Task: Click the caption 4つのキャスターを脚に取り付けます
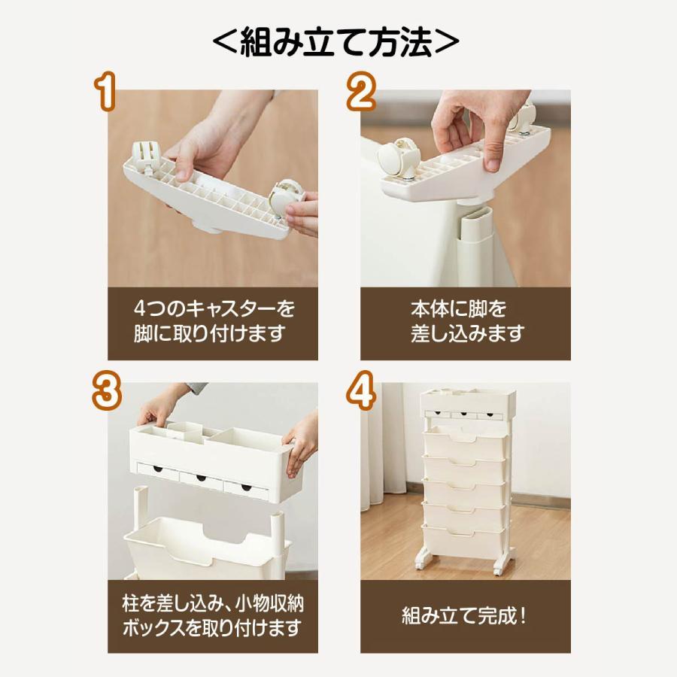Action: (x=212, y=321)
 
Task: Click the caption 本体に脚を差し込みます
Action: (x=466, y=321)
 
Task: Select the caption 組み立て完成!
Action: (x=466, y=617)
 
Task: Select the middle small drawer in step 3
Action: (x=201, y=479)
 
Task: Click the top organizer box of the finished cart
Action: (x=466, y=402)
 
